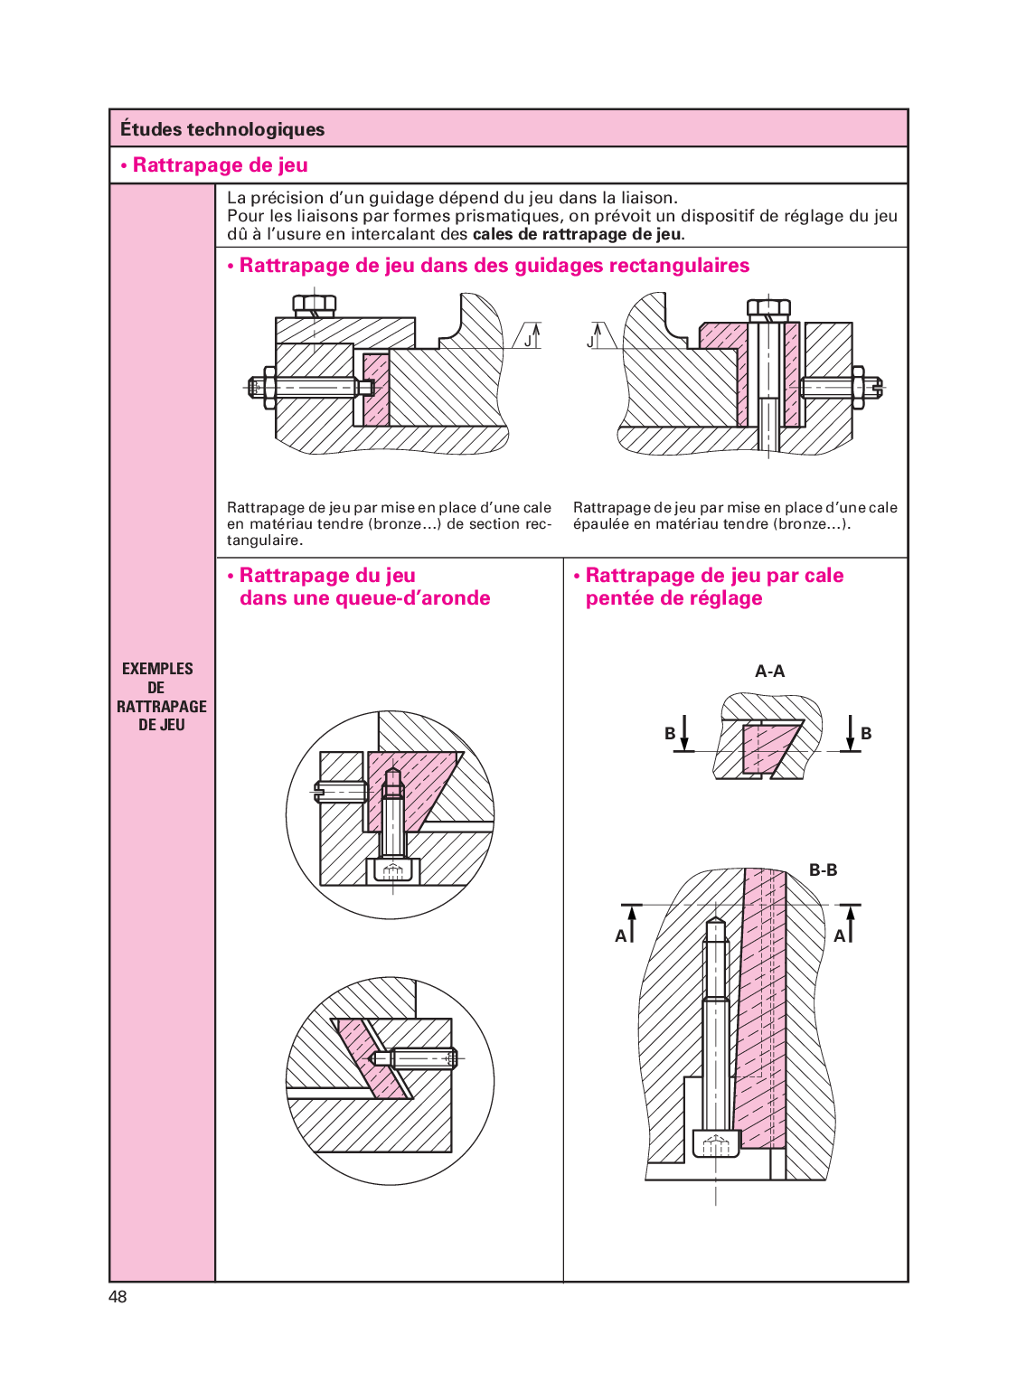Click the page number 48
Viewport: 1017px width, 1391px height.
pyautogui.click(x=118, y=1296)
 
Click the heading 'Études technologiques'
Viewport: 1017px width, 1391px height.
pyautogui.click(x=222, y=129)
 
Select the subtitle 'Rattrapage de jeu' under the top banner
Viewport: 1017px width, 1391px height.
pyautogui.click(x=220, y=165)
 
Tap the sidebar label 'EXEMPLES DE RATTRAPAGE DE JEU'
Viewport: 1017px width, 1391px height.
pyautogui.click(x=161, y=696)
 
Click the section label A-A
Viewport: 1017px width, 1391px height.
pyautogui.click(x=769, y=672)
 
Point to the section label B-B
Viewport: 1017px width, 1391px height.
pyautogui.click(x=823, y=870)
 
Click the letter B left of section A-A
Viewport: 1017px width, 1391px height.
pyautogui.click(x=670, y=733)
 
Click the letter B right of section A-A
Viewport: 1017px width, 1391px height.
pyautogui.click(x=866, y=733)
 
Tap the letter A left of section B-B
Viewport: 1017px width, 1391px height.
pyautogui.click(x=621, y=936)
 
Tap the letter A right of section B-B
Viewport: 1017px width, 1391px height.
pyautogui.click(x=839, y=936)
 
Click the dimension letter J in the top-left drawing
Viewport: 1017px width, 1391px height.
pyautogui.click(x=528, y=342)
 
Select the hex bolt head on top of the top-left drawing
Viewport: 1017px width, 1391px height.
pyautogui.click(x=314, y=305)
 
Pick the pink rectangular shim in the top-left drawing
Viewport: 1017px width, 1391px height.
pyautogui.click(x=375, y=389)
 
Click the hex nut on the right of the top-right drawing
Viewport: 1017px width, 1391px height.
pyautogui.click(x=858, y=388)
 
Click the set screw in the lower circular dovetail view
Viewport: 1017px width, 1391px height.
pyautogui.click(x=416, y=1057)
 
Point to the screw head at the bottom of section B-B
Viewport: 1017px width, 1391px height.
pyautogui.click(x=715, y=1144)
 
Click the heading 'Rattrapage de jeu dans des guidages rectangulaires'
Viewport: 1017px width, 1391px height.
pyautogui.click(x=494, y=266)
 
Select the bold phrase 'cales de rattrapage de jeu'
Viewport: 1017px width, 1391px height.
pyautogui.click(x=578, y=234)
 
